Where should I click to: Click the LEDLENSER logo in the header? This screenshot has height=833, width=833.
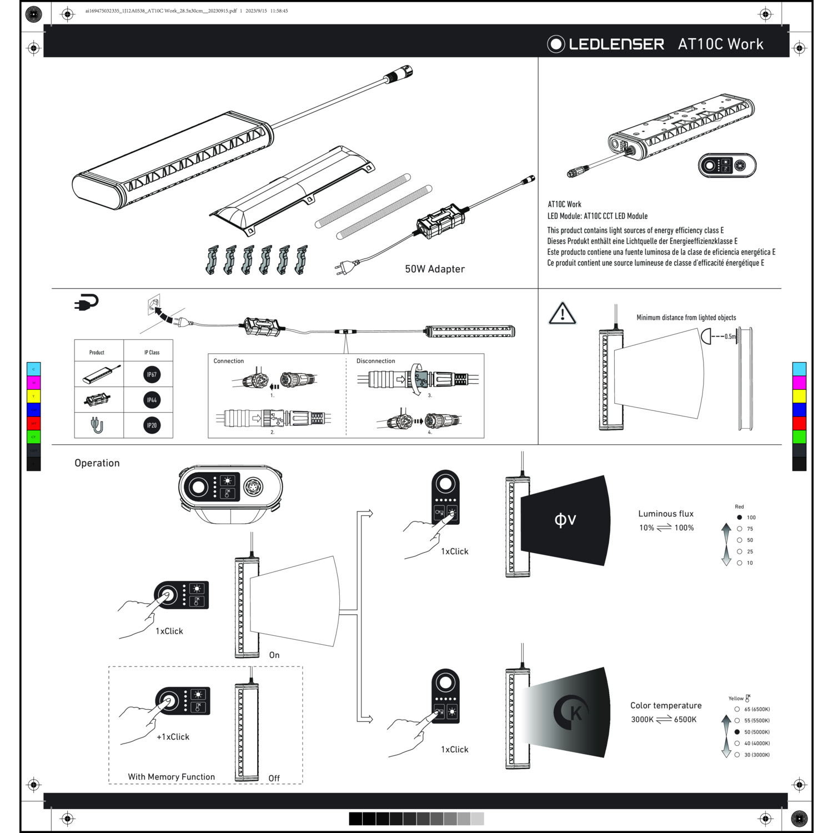[606, 44]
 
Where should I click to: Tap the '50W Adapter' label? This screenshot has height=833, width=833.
[434, 269]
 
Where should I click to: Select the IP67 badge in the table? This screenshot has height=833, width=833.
[152, 374]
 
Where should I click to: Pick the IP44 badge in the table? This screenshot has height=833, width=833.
[152, 400]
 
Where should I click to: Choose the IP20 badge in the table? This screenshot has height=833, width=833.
[152, 425]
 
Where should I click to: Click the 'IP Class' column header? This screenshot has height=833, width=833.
[152, 352]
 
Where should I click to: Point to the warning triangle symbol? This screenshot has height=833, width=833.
[562, 314]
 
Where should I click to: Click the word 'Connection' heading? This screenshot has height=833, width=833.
[228, 361]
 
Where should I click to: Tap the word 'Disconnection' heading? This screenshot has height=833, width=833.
[375, 361]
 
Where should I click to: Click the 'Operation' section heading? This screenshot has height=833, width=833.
[97, 463]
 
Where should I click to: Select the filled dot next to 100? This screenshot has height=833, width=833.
[739, 517]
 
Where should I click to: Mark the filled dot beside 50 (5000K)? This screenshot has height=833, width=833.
[737, 732]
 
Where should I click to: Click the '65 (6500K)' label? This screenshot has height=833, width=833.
[756, 709]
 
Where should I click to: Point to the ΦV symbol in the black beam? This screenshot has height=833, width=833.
[565, 520]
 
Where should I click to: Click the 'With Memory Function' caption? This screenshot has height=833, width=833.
[171, 777]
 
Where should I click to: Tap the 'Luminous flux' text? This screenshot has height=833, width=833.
[665, 514]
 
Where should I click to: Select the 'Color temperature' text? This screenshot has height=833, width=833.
[665, 705]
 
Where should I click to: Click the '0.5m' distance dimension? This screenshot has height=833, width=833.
[730, 337]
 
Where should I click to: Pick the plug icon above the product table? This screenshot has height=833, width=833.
[86, 302]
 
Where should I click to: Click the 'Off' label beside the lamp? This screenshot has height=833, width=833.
[274, 778]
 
